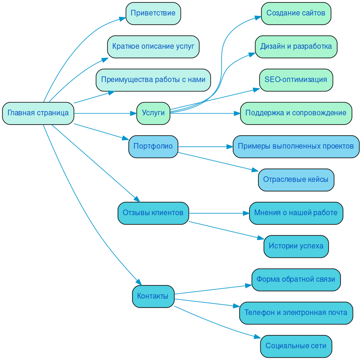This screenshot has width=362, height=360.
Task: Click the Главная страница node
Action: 38,113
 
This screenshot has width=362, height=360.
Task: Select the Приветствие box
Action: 153,13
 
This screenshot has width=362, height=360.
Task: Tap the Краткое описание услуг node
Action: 153,46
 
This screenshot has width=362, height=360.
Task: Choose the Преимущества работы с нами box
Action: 153,80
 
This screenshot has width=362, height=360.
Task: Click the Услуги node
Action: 153,113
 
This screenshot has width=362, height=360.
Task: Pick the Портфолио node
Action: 153,146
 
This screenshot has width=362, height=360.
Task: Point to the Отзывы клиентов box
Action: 153,213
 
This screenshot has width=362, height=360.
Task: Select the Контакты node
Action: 153,296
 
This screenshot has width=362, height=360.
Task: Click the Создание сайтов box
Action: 296,13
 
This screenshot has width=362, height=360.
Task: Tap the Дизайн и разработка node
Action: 296,46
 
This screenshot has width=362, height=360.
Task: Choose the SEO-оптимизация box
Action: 296,80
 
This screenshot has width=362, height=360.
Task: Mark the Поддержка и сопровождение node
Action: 296,113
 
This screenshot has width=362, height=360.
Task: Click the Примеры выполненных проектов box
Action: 296,146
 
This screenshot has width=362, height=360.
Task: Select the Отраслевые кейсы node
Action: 296,180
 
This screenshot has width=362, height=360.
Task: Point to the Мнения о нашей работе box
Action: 296,213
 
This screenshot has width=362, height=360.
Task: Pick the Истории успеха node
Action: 296,246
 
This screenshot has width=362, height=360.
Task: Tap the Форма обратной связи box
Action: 296,279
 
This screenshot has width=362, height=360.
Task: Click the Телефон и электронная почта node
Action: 296,313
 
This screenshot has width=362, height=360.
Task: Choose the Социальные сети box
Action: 296,346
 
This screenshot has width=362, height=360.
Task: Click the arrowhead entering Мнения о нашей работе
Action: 246,213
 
